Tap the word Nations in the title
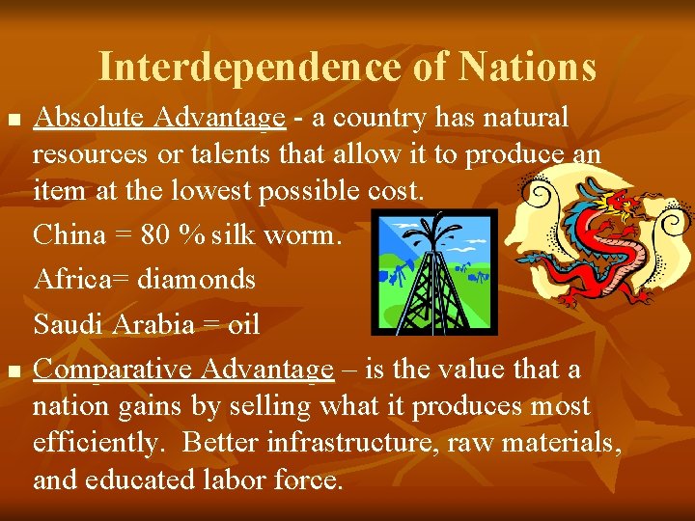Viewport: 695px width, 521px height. (x=527, y=67)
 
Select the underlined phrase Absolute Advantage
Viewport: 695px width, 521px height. (x=159, y=118)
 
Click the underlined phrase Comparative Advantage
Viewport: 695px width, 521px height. (x=183, y=370)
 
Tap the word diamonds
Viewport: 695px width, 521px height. (x=197, y=280)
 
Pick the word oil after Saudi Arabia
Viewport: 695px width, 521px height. (x=244, y=324)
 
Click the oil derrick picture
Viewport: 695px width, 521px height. (x=434, y=272)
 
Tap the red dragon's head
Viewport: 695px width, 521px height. (x=617, y=206)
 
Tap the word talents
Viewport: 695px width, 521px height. (x=239, y=153)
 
